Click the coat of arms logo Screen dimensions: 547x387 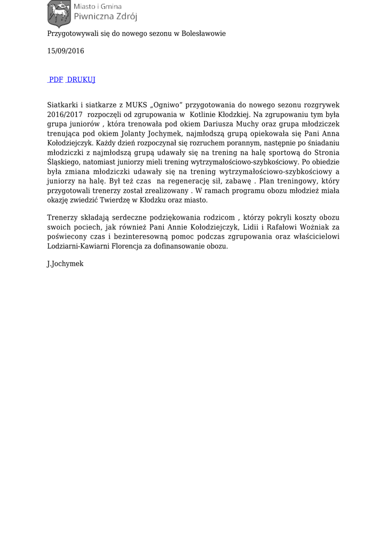tap(58, 13)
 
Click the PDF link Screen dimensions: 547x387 tap(56, 80)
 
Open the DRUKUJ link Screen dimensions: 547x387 tap(81, 80)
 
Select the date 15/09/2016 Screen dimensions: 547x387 tap(65, 51)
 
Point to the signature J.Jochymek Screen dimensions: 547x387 tap(65, 264)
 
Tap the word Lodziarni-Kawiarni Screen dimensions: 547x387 tap(77, 246)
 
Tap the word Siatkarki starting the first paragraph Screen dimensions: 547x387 tap(62, 105)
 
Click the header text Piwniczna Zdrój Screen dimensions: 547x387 tap(105, 17)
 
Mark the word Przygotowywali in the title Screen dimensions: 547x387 tap(74, 34)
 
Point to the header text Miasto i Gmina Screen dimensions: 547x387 tap(98, 6)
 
